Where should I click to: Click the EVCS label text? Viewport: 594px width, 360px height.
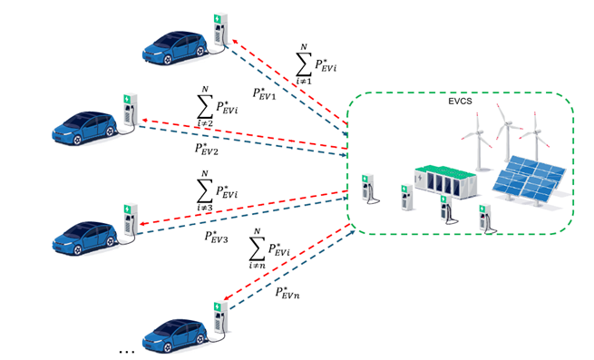(460, 102)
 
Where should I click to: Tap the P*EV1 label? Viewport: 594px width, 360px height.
(264, 93)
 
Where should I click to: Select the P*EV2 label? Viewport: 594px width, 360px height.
(207, 149)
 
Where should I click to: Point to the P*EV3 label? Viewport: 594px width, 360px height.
(217, 237)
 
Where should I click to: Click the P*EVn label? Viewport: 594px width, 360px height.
(287, 293)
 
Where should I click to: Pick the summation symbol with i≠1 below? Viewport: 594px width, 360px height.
(304, 64)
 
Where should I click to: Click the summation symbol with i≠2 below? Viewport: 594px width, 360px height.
(205, 107)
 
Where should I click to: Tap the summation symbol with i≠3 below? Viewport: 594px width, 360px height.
(205, 191)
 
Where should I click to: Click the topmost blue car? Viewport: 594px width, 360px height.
(175, 48)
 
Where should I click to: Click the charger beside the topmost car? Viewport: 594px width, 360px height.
(220, 30)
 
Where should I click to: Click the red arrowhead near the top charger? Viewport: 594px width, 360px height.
(235, 41)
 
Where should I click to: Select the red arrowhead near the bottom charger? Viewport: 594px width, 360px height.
(227, 297)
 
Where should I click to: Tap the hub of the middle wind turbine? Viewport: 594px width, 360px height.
(507, 123)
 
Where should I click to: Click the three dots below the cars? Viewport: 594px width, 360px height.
(127, 353)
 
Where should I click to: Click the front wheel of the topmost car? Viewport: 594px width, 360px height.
(167, 59)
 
